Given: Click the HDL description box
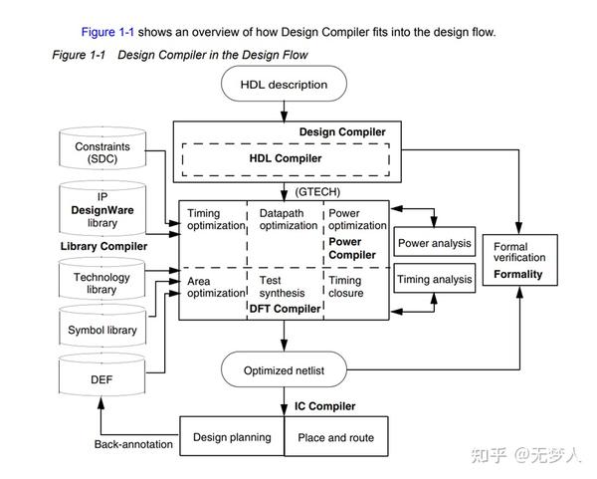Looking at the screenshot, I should [284, 85].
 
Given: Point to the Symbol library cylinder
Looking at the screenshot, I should [101, 330].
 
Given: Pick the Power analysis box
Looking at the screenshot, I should [434, 243].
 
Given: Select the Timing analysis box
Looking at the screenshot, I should [434, 280].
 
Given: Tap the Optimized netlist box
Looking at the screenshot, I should [284, 370].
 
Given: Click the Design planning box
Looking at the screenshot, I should [232, 437].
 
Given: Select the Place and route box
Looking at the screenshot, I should [336, 437].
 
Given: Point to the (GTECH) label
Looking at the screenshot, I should [317, 190].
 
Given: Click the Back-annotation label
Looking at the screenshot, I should [134, 443].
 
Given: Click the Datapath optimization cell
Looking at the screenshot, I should [289, 219].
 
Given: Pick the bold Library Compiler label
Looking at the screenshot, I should [103, 246].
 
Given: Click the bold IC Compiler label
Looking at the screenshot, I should [324, 406].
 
